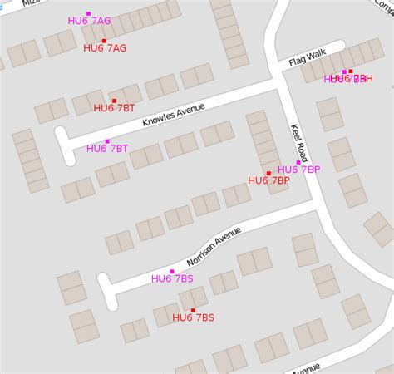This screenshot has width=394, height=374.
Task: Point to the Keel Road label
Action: (299, 143)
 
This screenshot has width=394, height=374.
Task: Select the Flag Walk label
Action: (308, 58)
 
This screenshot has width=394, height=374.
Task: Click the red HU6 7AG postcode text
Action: (105, 48)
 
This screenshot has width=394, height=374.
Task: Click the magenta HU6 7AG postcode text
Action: (89, 21)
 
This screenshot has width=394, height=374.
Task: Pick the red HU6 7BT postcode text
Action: (115, 108)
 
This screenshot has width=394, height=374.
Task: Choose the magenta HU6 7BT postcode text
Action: (107, 149)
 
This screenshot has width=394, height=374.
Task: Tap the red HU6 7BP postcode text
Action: (268, 180)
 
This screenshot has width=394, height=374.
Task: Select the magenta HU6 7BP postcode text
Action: (298, 170)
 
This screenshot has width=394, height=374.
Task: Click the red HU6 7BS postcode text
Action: (193, 317)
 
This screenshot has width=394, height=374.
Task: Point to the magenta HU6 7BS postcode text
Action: (172, 279)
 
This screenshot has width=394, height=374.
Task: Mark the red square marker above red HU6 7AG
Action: (104, 41)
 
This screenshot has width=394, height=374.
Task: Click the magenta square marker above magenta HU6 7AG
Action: (88, 13)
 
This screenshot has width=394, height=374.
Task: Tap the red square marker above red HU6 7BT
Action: (114, 101)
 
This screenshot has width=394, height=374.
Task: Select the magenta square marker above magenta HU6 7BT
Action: (107, 141)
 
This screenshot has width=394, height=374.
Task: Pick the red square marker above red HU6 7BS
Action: (193, 310)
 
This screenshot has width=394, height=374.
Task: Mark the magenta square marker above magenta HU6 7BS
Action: (172, 272)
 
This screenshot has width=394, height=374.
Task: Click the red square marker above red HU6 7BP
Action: (268, 173)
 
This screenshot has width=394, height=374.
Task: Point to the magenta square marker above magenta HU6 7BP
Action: (298, 162)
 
